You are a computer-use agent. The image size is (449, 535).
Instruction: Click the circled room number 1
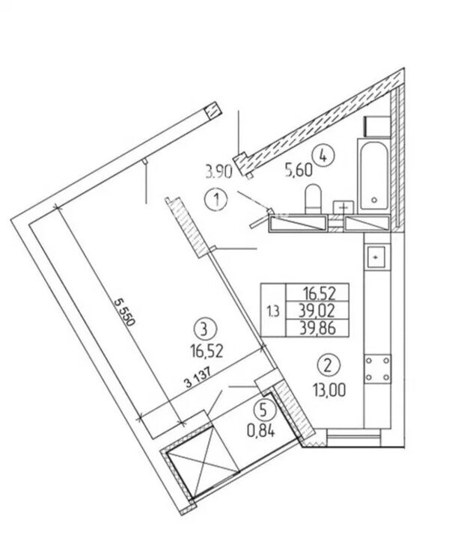(216, 200)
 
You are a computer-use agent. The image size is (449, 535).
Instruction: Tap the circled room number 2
(329, 365)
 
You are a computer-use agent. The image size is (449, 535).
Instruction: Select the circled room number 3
(205, 330)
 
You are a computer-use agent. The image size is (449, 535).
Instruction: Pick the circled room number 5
(264, 410)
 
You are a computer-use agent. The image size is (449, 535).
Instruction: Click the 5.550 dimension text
(124, 312)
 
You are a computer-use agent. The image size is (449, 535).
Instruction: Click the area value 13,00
(329, 390)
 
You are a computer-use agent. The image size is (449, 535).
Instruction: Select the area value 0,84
(261, 432)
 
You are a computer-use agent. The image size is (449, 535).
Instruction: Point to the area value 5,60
(299, 170)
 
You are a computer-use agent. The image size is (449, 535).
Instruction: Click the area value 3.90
(219, 171)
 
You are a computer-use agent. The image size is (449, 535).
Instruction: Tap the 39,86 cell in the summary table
(317, 328)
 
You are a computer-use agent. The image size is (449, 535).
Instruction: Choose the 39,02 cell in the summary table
(317, 311)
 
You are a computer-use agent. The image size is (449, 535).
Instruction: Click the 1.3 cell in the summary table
(273, 311)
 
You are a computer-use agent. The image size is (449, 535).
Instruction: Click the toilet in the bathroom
(313, 198)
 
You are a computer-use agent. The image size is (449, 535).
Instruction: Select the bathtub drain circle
(374, 201)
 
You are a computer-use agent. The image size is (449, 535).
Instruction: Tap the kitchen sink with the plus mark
(376, 257)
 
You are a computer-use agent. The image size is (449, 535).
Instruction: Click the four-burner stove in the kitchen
(377, 369)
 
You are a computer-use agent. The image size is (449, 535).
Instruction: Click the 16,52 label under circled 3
(207, 351)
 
